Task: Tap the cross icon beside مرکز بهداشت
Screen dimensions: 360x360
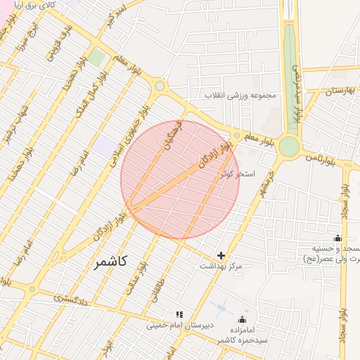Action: pyautogui.click(x=221, y=255)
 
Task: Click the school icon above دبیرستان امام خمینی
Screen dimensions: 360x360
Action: pyautogui.click(x=179, y=314)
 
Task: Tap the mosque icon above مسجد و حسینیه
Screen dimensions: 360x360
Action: pyautogui.click(x=337, y=238)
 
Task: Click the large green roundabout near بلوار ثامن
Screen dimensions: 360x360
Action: pyautogui.click(x=288, y=147)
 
